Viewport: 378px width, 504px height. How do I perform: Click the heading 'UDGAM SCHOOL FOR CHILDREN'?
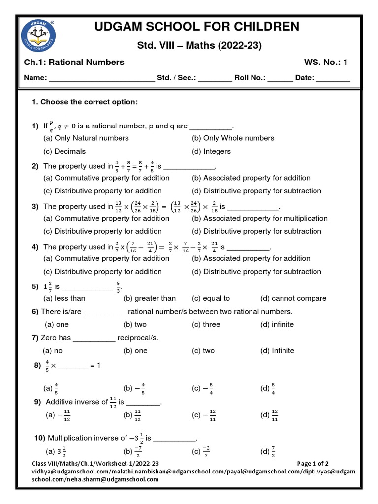click(205, 26)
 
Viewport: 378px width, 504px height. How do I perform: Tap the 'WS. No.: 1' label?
click(326, 62)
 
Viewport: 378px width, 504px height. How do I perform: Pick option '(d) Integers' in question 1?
click(211, 151)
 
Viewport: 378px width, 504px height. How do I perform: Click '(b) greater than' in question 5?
click(149, 298)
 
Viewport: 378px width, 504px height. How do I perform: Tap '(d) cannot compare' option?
click(293, 298)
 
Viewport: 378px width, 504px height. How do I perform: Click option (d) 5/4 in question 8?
click(269, 388)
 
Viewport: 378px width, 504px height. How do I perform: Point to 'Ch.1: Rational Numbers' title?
click(74, 62)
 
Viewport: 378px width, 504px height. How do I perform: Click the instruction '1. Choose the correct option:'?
click(85, 102)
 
